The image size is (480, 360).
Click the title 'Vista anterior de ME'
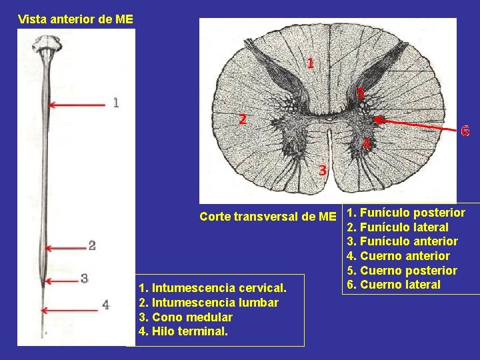click(x=75, y=19)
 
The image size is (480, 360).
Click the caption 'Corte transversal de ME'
click(x=268, y=216)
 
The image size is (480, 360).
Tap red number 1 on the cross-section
click(x=311, y=64)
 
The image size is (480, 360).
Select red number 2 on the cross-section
click(x=243, y=120)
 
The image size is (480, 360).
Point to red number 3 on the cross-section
click(x=322, y=171)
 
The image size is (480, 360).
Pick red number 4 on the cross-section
click(x=366, y=143)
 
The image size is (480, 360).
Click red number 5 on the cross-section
click(x=360, y=94)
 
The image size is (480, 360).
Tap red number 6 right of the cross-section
click(x=465, y=131)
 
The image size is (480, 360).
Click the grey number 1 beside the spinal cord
click(x=116, y=103)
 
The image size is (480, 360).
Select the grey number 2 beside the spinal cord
click(x=92, y=246)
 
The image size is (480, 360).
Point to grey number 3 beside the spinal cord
click(x=84, y=278)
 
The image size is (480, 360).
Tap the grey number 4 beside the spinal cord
click(x=105, y=305)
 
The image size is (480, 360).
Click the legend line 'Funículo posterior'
click(x=406, y=213)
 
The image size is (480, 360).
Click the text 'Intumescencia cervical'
click(x=212, y=288)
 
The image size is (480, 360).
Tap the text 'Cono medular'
click(x=185, y=317)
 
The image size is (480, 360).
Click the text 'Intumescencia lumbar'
click(x=208, y=303)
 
